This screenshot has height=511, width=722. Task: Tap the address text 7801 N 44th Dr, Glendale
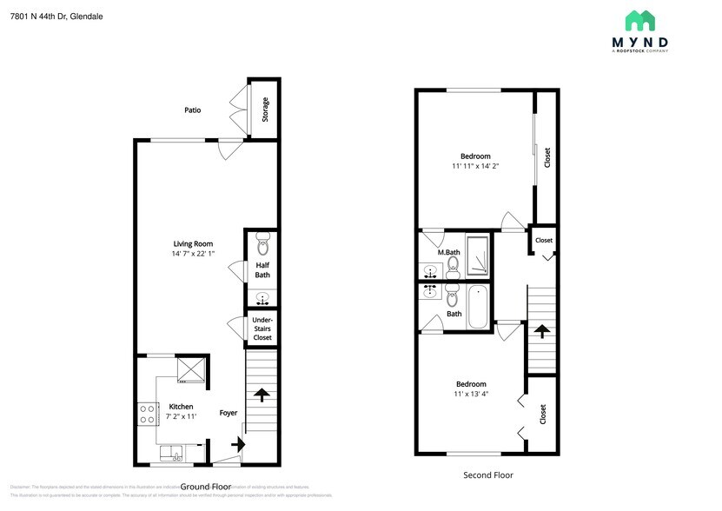pos(56,16)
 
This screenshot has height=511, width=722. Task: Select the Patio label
pos(193,110)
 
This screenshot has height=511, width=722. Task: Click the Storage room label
pos(265,109)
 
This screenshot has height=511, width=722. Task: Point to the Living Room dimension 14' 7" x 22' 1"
pos(193,254)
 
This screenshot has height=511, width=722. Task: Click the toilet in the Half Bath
pos(263,246)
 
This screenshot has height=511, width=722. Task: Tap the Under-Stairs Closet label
pos(262,328)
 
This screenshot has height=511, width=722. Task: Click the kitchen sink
pos(171,453)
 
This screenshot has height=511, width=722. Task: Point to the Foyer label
pos(229,413)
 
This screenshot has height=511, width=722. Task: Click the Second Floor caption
pos(488,475)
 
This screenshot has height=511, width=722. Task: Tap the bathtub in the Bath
pos(478,307)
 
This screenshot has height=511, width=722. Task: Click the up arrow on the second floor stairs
pos(540,331)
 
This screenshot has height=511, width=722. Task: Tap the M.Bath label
pos(448,253)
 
